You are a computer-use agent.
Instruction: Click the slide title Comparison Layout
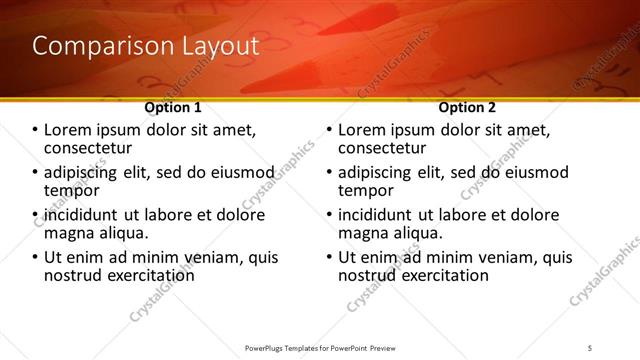(146, 46)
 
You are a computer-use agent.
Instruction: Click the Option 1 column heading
(173, 107)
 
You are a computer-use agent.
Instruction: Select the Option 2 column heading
(468, 107)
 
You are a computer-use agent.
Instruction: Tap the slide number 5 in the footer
(591, 347)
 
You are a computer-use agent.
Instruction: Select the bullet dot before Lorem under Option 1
(35, 131)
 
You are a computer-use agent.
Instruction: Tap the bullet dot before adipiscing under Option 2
(329, 173)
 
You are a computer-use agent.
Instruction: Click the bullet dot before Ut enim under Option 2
(329, 258)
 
